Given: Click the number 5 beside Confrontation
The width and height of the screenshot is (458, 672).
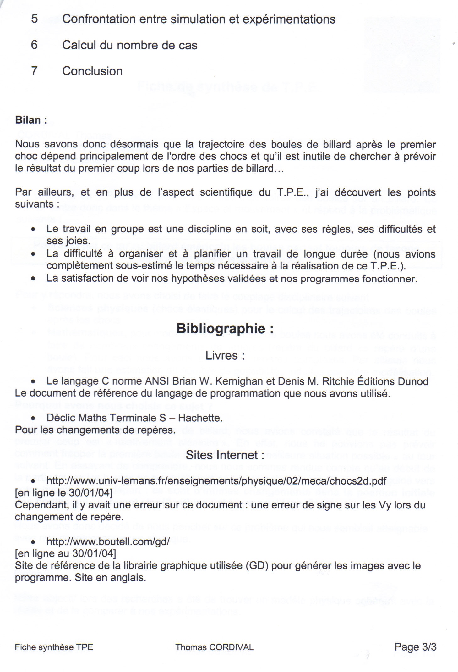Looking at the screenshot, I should pyautogui.click(x=35, y=19).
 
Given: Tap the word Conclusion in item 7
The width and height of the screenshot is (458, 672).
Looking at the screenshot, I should pyautogui.click(x=92, y=71).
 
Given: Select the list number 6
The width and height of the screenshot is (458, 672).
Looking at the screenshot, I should pyautogui.click(x=34, y=45).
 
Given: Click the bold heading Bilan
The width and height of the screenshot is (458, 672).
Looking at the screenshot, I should pyautogui.click(x=31, y=120).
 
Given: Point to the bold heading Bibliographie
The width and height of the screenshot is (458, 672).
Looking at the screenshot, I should pyautogui.click(x=225, y=329).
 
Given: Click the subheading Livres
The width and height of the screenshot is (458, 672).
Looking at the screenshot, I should pyautogui.click(x=225, y=355).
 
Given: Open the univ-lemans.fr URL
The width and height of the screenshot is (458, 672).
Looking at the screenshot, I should pyautogui.click(x=216, y=481).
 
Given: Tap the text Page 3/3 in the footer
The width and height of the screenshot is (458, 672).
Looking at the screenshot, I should pyautogui.click(x=415, y=647).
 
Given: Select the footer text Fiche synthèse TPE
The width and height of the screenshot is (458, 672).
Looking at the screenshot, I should pyautogui.click(x=54, y=647).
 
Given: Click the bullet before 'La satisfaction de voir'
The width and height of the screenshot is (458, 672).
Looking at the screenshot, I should pyautogui.click(x=33, y=279).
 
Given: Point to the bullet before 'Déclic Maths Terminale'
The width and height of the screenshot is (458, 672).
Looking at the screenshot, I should pyautogui.click(x=33, y=418).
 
